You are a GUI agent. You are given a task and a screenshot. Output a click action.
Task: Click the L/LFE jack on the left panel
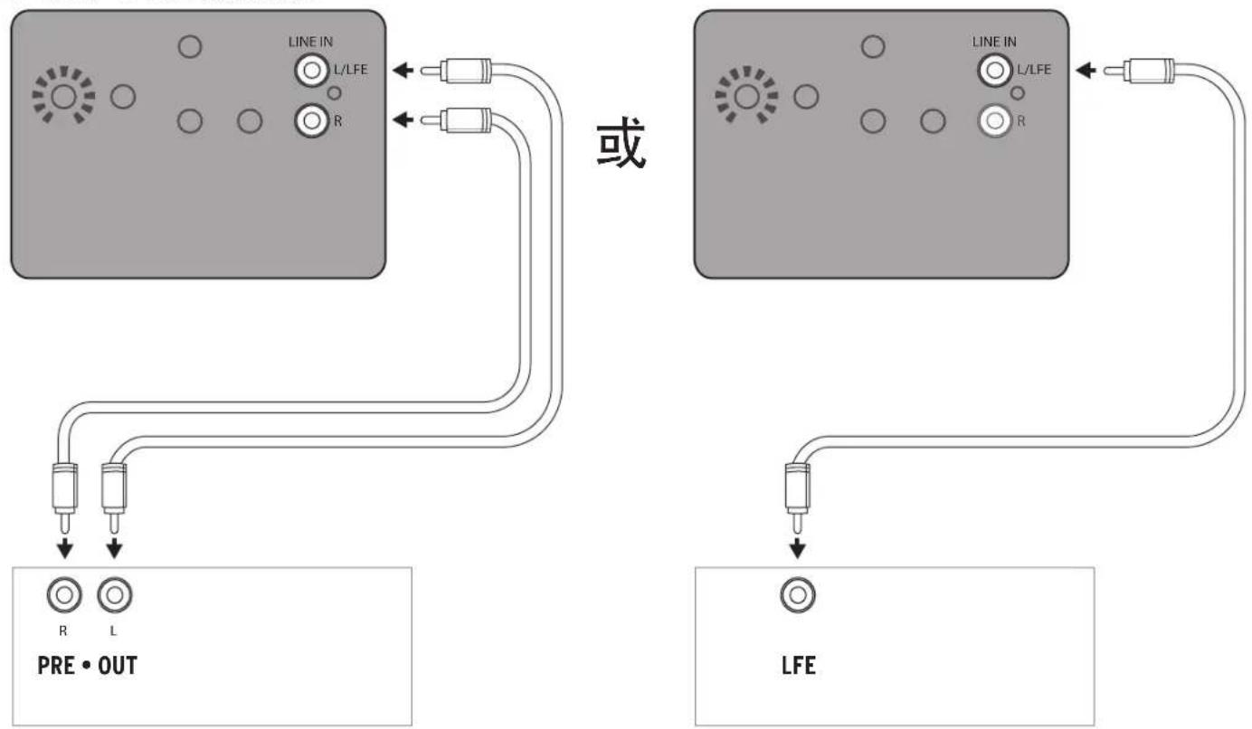click(311, 71)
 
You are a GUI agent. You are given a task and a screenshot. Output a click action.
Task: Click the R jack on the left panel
click(311, 120)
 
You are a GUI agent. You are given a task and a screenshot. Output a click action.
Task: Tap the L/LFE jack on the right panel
click(994, 71)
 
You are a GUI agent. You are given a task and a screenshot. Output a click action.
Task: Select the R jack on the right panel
click(994, 120)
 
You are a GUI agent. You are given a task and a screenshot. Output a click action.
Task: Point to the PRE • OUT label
click(87, 666)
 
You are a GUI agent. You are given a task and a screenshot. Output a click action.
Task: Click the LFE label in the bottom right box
click(798, 666)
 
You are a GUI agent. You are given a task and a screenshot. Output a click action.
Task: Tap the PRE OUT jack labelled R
click(64, 595)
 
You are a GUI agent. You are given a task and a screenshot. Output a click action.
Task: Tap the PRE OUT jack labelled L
click(115, 595)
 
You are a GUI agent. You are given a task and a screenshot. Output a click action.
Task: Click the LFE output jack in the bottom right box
click(798, 595)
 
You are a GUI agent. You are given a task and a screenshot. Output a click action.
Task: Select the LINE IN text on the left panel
click(310, 42)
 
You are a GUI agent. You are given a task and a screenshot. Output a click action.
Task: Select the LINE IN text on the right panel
click(994, 42)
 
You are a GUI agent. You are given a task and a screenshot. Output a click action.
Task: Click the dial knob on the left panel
click(63, 96)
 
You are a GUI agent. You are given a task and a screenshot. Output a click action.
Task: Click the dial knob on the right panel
click(746, 96)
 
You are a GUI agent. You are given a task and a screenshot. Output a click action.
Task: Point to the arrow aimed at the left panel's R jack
click(403, 119)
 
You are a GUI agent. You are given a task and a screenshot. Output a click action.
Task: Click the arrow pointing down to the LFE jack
click(798, 549)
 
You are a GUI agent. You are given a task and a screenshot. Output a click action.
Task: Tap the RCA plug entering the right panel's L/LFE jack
click(1139, 71)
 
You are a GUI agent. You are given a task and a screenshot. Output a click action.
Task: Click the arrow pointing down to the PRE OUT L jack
click(115, 549)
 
